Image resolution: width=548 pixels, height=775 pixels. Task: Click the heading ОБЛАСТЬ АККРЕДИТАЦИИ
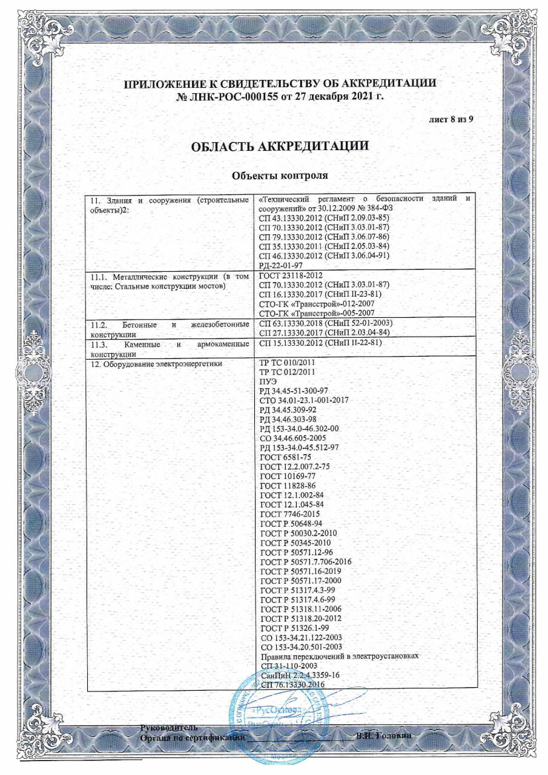[x=280, y=147]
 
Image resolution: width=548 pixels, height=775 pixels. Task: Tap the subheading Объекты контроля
[x=280, y=176]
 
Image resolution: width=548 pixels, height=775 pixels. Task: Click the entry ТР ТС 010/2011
[x=287, y=363]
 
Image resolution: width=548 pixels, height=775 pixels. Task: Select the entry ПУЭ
[x=268, y=381]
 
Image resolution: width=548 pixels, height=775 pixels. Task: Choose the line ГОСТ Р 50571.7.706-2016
[x=305, y=561]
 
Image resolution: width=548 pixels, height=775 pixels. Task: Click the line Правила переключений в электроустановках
[x=338, y=656]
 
